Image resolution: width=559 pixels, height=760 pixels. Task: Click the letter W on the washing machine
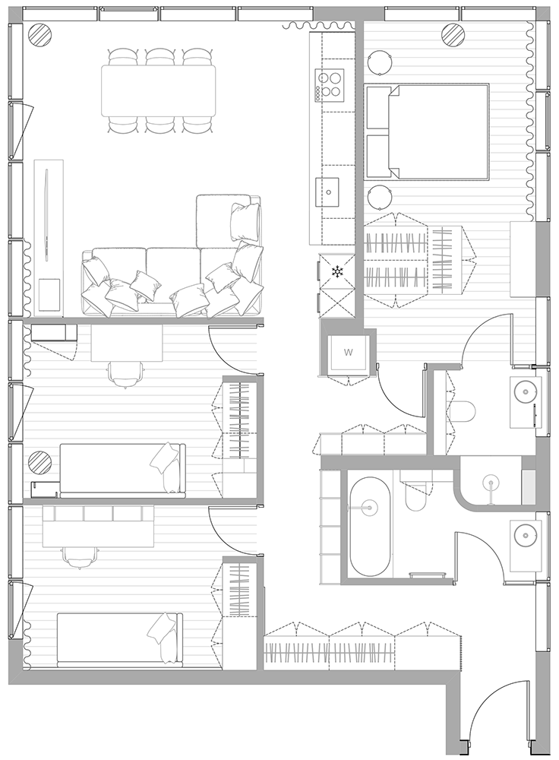[349, 352]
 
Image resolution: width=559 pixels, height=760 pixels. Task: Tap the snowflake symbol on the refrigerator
[336, 272]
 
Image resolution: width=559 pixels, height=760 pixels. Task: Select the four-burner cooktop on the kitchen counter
[330, 85]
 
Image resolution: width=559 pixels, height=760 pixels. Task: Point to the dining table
[159, 90]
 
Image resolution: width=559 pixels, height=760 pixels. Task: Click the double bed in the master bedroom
[427, 131]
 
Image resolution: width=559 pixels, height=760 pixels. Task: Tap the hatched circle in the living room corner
[38, 34]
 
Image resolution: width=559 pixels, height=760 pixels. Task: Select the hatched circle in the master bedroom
[453, 34]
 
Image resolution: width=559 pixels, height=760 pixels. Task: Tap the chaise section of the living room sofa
[228, 221]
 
